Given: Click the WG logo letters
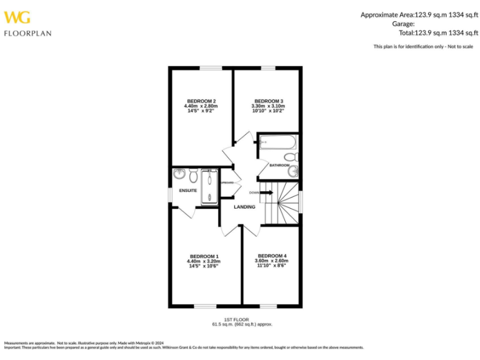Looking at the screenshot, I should pos(17,17).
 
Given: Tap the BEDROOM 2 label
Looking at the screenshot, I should pos(201,101).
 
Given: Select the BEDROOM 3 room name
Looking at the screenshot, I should pos(268,101).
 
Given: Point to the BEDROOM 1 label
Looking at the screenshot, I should pos(204,256).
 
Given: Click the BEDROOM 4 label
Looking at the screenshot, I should pos(272,256).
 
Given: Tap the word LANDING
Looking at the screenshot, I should pos(244,207).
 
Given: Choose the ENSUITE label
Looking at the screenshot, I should pos(187,191).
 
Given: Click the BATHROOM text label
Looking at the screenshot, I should pos(279,166).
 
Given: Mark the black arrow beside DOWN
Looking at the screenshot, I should pos(267,192).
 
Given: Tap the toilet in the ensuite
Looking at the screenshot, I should pos(193,173).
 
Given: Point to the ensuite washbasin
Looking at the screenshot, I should pos(179,173).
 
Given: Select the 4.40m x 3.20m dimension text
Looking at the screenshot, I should pos(204,261).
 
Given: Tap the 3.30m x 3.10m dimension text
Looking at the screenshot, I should pos(268,106).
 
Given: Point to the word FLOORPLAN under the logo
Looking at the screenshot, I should pos(27,33).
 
